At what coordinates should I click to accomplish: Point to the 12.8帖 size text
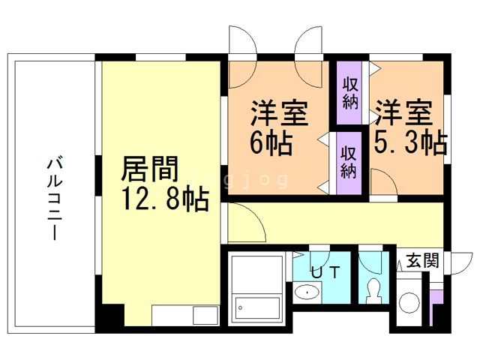coord(164,200)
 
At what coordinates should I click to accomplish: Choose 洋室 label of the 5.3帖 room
coord(403,113)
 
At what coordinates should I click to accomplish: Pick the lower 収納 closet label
coord(349,161)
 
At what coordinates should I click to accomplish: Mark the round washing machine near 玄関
coord(409,303)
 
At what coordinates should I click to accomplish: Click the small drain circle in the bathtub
coord(239,306)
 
